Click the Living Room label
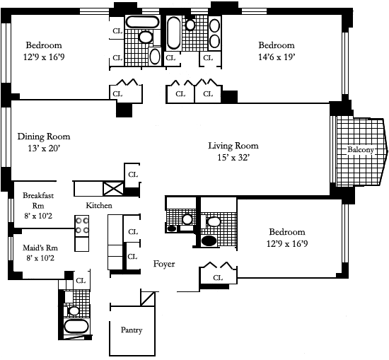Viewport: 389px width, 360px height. [x=233, y=146]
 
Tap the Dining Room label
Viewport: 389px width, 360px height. [x=44, y=137]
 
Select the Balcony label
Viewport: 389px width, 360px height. [x=361, y=150]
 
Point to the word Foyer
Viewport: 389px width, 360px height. [x=164, y=264]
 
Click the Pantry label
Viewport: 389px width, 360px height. [x=132, y=330]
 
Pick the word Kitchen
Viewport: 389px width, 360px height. [x=99, y=205]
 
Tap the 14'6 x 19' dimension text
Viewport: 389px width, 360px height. [x=277, y=57]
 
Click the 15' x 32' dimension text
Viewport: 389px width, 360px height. [x=233, y=158]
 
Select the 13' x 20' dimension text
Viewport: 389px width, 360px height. [x=44, y=149]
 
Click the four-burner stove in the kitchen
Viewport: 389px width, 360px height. [x=82, y=226]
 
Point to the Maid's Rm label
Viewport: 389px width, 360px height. [x=40, y=248]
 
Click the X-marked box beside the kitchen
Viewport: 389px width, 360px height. [x=113, y=189]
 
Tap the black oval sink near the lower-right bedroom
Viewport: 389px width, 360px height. [x=209, y=241]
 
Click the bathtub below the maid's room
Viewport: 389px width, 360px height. [x=76, y=327]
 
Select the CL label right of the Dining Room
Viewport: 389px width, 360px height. [x=133, y=175]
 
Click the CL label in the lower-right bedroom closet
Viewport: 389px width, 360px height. [x=218, y=278]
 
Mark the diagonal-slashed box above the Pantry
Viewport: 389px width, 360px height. [x=148, y=298]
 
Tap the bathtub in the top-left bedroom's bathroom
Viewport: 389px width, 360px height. [x=142, y=22]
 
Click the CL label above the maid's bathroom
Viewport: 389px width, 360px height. [x=81, y=281]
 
